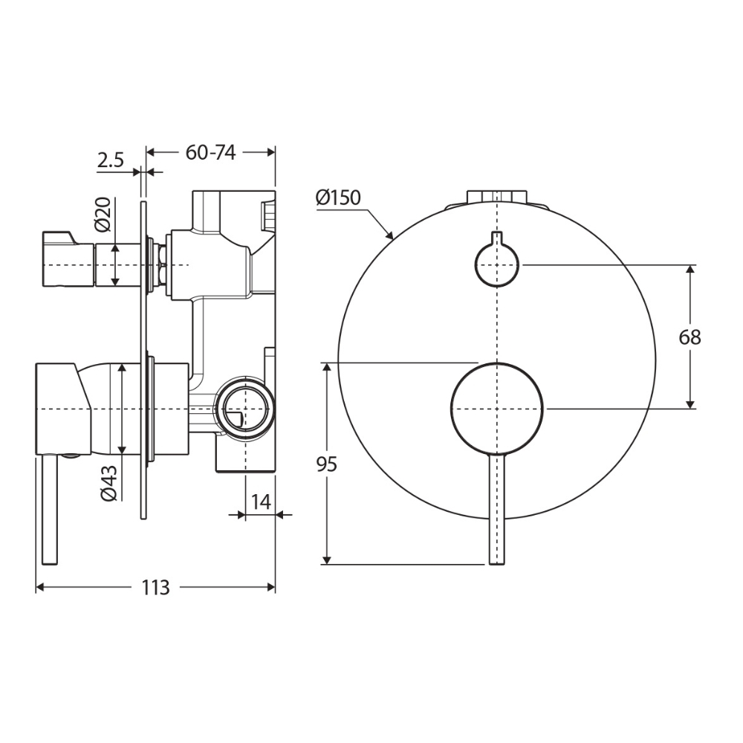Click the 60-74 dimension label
click(210, 152)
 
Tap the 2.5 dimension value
click(111, 160)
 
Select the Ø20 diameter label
click(103, 214)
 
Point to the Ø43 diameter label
click(108, 483)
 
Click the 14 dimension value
click(261, 502)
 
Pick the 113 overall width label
click(156, 588)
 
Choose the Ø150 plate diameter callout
click(338, 198)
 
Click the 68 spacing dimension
click(690, 337)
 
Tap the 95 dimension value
click(326, 464)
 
